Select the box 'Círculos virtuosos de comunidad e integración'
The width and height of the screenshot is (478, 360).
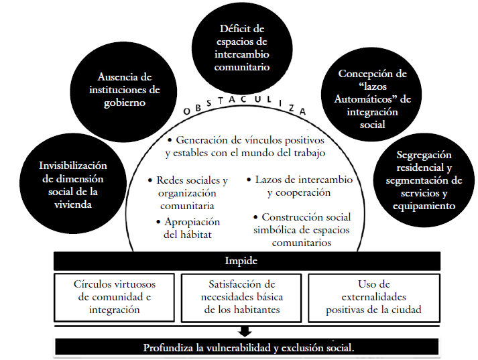(115, 296)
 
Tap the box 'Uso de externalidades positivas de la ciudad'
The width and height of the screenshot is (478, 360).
(373, 296)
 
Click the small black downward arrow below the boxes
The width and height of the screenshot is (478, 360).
(245, 330)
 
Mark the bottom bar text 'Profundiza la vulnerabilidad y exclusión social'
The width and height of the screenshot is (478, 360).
(248, 348)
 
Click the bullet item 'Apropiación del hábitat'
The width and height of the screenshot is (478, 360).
(192, 228)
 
